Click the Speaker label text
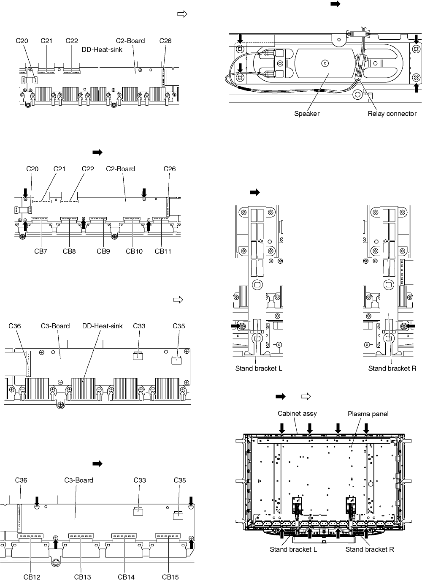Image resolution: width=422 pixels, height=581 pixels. click(307, 114)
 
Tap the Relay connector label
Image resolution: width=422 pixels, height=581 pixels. click(392, 114)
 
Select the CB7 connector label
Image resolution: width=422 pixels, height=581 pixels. click(41, 251)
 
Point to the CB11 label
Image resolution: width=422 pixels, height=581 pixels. click(163, 251)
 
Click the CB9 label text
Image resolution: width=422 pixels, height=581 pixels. click(103, 251)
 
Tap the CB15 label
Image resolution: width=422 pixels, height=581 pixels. click(170, 577)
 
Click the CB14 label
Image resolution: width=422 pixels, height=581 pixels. click(126, 577)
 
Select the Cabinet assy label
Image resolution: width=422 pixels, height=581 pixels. click(297, 413)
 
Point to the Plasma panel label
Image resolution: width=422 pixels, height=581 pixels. click(368, 413)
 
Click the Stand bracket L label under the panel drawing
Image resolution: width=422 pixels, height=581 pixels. click(293, 549)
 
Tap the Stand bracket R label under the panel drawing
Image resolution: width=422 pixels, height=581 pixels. click(370, 549)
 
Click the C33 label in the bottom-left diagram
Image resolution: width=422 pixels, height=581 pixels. click(140, 480)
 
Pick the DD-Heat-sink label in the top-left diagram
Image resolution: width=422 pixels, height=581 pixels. click(102, 49)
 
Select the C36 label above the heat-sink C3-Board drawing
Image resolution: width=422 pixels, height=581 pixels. click(15, 326)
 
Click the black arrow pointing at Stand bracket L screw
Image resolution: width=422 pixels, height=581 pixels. click(235, 326)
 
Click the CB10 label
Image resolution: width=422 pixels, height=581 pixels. click(134, 251)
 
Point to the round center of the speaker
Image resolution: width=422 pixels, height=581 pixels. click(324, 63)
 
